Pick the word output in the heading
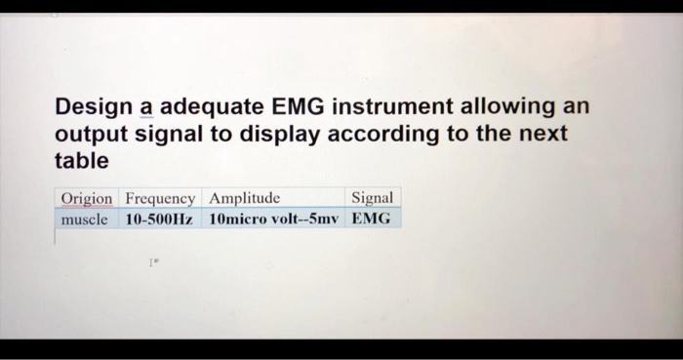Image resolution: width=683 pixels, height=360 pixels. click(88, 133)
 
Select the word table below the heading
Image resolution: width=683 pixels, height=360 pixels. click(82, 159)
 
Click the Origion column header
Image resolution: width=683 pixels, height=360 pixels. click(86, 198)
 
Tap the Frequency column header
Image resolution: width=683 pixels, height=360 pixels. click(160, 198)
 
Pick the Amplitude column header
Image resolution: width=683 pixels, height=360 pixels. click(245, 198)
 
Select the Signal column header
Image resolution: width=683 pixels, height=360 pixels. click(372, 198)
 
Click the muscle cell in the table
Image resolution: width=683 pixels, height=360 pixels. click(84, 219)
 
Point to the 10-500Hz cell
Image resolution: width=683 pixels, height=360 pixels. click(160, 219)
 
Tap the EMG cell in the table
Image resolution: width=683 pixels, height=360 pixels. click(371, 219)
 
